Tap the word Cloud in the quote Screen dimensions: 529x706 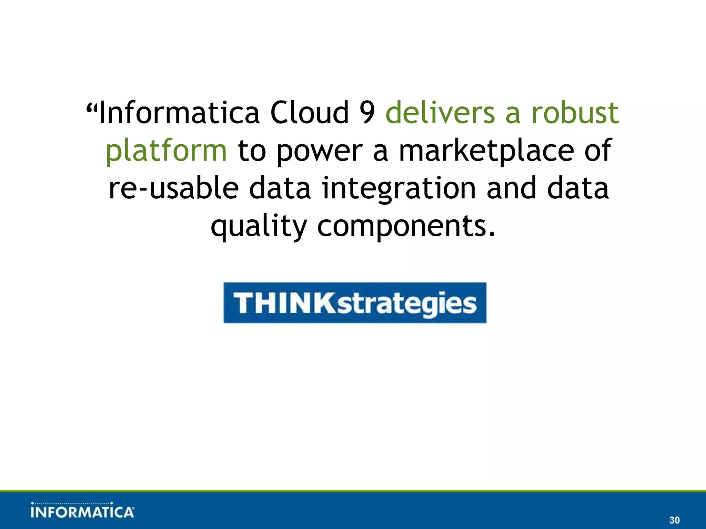tap(309, 113)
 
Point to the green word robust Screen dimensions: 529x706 tap(575, 113)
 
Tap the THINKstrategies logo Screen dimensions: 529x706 tap(355, 303)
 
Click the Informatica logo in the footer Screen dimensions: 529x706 tap(82, 510)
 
